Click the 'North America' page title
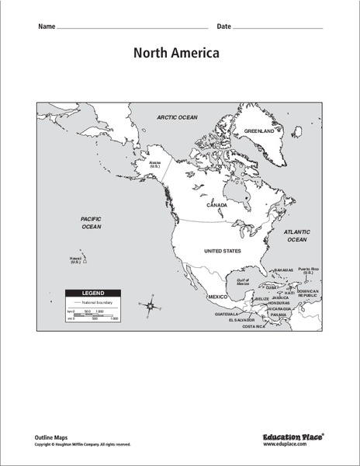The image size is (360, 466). [x=176, y=54]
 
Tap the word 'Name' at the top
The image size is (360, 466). [x=46, y=26]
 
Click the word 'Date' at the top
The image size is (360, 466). [x=223, y=26]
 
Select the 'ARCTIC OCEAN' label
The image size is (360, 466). [x=178, y=117]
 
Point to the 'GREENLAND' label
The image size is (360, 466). [x=259, y=131]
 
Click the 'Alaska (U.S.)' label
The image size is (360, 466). [x=155, y=165]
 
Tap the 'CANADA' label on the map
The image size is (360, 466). [x=216, y=206]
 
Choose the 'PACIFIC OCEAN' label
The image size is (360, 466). [x=92, y=223]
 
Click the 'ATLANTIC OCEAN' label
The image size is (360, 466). [x=297, y=235]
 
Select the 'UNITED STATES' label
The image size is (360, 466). [x=222, y=252]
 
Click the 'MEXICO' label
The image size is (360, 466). [x=216, y=297]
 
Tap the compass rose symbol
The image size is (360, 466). [x=149, y=307]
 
